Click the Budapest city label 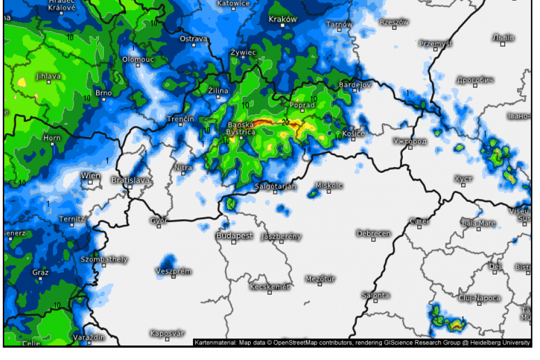tap(235, 236)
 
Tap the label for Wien tap(91, 175)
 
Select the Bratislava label tap(130, 180)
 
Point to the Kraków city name tap(282, 19)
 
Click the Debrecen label tap(373, 233)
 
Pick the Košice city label tap(354, 133)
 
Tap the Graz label tap(40, 273)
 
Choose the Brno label tap(103, 93)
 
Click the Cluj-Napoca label tap(480, 298)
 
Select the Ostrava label tap(193, 39)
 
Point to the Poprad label tap(302, 105)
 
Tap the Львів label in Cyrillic tap(503, 38)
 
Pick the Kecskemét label tap(269, 286)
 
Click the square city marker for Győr tap(159, 227)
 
